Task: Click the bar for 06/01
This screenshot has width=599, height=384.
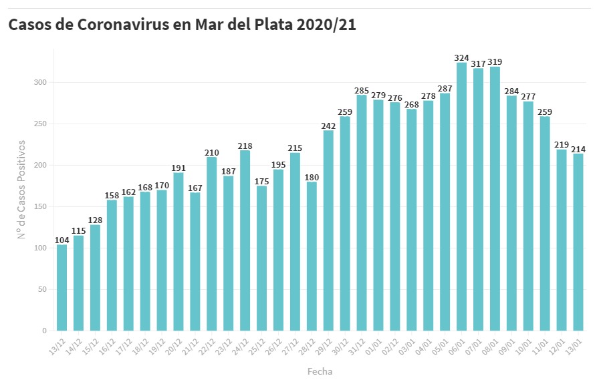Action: (461, 196)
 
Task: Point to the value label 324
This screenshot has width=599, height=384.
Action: (461, 57)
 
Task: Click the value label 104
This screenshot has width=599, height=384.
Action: (62, 240)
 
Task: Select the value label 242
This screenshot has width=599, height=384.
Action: (328, 126)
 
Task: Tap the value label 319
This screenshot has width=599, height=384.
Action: (495, 61)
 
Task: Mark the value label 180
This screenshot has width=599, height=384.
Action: (312, 177)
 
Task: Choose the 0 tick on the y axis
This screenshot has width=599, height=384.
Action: (43, 331)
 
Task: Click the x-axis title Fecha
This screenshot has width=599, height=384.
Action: (320, 371)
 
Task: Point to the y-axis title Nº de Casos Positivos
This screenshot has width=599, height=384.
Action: (21, 189)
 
